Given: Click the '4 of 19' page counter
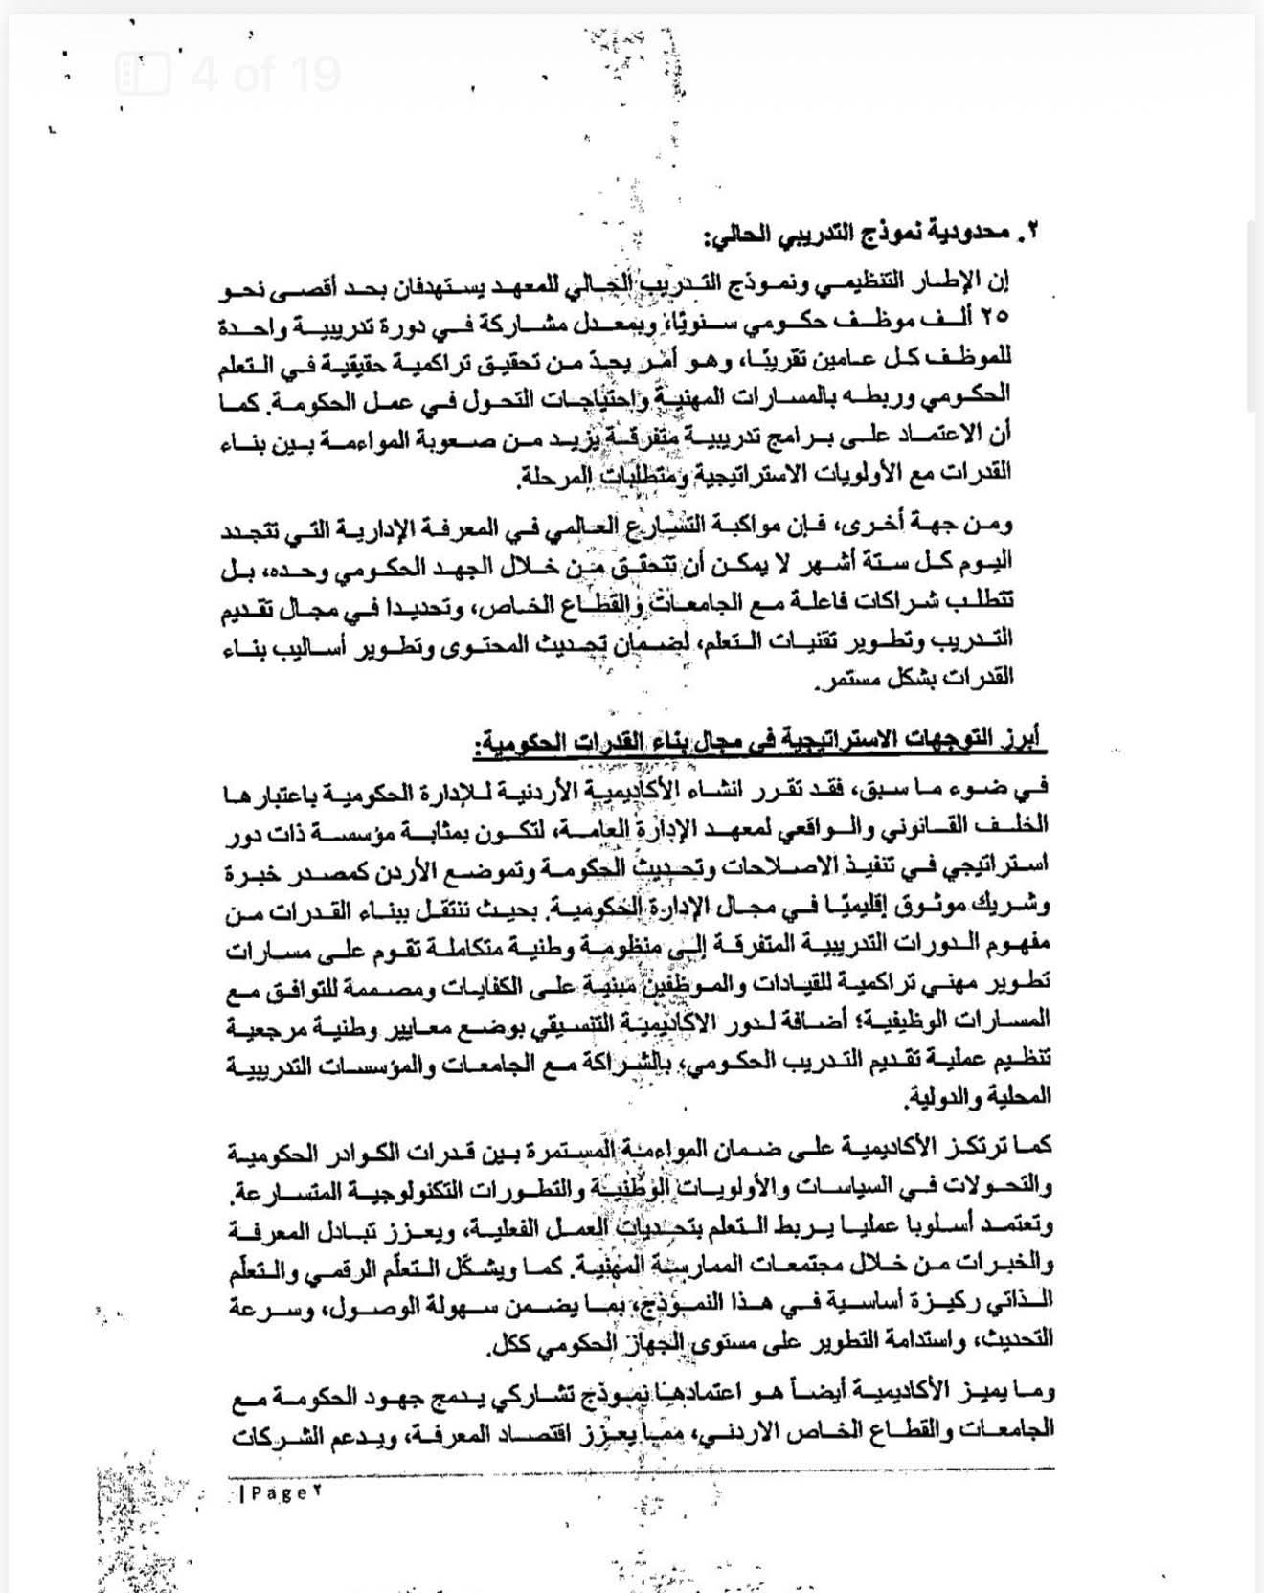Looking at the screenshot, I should point(266,73).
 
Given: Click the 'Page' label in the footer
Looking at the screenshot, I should point(276,1492).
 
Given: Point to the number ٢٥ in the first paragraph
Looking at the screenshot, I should point(995,317).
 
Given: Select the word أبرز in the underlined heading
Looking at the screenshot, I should point(1023,740).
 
